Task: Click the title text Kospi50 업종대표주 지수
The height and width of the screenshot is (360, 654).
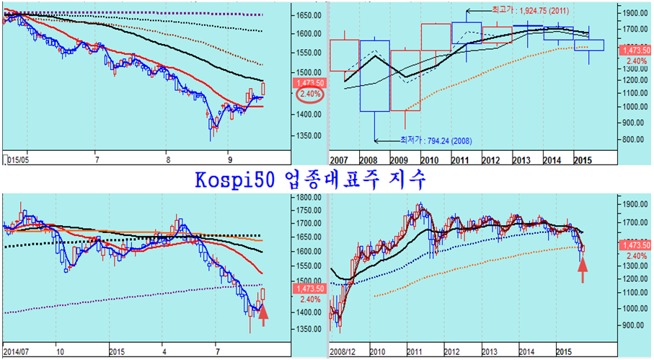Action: tap(310, 180)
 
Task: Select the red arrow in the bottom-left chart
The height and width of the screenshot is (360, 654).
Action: tap(263, 315)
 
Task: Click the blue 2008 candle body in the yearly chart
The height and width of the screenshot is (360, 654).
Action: tap(375, 76)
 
